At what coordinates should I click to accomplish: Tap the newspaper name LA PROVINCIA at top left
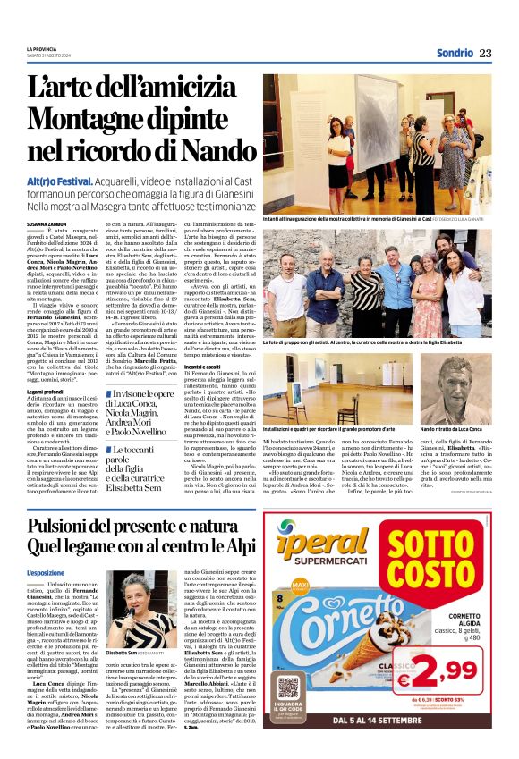[x=42, y=48]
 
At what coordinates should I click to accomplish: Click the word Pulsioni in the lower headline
[x=65, y=526]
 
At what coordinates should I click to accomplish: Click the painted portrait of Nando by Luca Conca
[x=455, y=388]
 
